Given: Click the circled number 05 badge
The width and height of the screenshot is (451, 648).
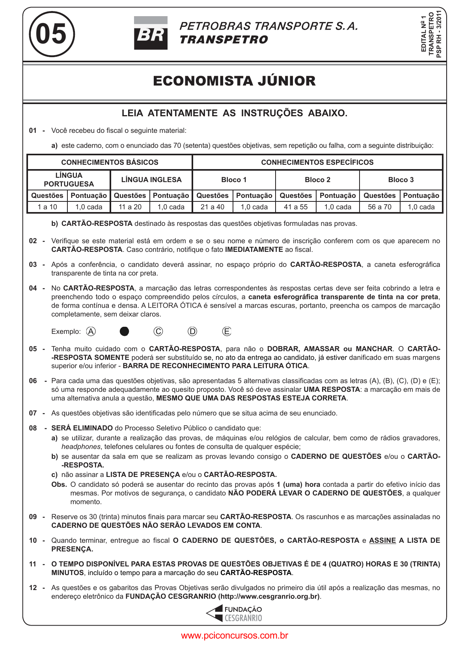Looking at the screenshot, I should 51,34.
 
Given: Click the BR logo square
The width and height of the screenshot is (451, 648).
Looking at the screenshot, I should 151,33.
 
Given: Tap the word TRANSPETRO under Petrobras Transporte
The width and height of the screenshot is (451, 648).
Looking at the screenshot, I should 224,40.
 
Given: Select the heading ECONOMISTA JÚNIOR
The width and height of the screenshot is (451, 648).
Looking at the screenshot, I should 234,81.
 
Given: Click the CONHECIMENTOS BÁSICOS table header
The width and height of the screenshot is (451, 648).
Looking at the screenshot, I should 110,162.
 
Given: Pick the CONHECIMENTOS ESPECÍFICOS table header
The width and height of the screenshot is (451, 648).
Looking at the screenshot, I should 317,162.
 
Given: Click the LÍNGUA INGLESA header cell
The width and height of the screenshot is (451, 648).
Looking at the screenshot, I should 151,180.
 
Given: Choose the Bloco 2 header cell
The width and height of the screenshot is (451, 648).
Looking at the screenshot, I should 317,180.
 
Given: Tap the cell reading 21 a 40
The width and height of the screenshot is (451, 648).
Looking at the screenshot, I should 212,207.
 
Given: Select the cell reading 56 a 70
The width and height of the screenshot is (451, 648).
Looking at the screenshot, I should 379,207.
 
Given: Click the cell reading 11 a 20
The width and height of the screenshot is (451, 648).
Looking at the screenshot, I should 130,207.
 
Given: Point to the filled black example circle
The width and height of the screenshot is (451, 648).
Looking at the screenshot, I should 124,331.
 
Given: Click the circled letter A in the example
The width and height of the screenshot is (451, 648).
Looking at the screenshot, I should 91,331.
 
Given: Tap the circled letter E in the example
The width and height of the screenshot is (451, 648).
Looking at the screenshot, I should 227,331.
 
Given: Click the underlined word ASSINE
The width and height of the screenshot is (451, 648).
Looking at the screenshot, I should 382,540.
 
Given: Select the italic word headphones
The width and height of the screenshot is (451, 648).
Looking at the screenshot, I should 81,447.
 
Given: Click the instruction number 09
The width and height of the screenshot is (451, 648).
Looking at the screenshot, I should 33,517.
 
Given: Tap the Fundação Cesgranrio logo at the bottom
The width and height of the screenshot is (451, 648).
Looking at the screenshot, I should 234,614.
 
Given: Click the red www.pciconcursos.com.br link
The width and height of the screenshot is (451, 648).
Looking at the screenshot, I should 235,635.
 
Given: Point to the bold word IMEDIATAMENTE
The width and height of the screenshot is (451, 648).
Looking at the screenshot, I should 254,250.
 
